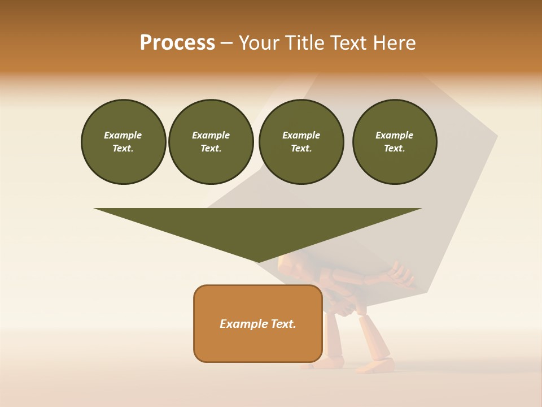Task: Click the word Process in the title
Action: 177,43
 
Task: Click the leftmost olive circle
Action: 123,142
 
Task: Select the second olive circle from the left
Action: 211,142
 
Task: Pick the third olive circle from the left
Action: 301,142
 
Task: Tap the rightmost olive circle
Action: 395,142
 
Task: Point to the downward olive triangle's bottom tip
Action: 258,261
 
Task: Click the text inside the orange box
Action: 258,324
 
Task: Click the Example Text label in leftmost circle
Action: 123,142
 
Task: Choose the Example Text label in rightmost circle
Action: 395,142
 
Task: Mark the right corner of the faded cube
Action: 496,136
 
